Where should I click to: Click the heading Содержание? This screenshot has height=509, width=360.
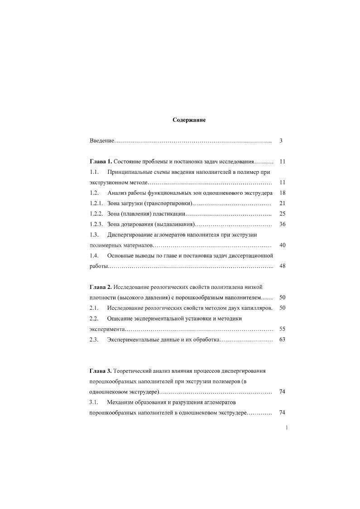tap(189, 120)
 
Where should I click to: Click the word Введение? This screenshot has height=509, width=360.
tap(102, 141)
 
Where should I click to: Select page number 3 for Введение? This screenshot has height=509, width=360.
tap(281, 141)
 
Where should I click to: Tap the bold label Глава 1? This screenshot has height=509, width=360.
tap(101, 162)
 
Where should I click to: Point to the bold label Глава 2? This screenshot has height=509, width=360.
tap(101, 287)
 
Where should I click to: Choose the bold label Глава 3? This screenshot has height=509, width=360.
tap(101, 371)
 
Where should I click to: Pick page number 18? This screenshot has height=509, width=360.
tap(282, 193)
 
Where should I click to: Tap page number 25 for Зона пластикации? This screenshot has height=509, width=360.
tap(282, 214)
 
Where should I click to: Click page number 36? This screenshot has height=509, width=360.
tap(282, 224)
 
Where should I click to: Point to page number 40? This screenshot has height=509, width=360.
tap(282, 245)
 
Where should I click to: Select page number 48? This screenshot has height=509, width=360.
tap(282, 266)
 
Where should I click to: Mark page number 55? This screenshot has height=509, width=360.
tap(282, 329)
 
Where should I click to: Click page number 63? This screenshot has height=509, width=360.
tap(282, 340)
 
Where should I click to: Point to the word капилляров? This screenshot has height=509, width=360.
tap(257, 308)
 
